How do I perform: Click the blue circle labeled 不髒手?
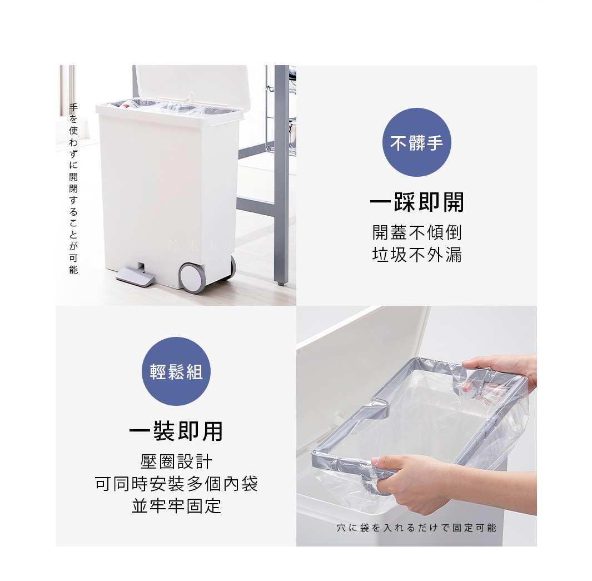[416, 142]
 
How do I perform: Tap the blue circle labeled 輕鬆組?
[176, 371]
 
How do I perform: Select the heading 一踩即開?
[417, 202]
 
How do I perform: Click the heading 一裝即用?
[176, 431]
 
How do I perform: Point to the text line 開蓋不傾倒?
[417, 232]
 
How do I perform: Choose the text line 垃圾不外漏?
[417, 255]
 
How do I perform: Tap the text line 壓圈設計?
[176, 461]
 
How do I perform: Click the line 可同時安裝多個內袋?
[176, 484]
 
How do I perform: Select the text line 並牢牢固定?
[176, 506]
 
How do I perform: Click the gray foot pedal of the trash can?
[135, 276]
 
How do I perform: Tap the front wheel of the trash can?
[192, 277]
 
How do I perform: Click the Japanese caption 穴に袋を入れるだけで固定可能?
[416, 528]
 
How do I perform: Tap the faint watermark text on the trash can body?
[200, 247]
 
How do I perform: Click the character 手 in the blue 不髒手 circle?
[435, 143]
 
